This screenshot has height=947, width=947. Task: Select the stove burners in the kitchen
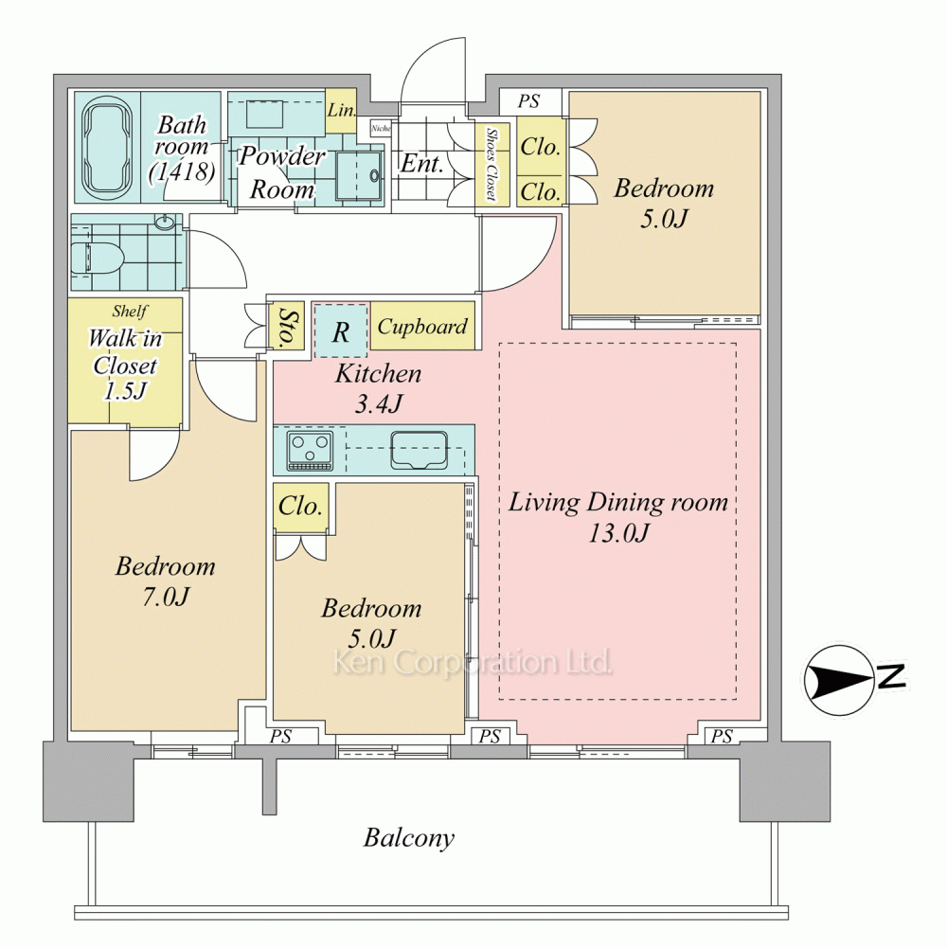pyautogui.click(x=310, y=450)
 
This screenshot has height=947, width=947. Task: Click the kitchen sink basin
pyautogui.click(x=420, y=450)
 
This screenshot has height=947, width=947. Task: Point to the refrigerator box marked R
pyautogui.click(x=341, y=331)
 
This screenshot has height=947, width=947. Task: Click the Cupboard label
pyautogui.click(x=422, y=327)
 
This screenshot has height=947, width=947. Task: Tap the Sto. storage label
pyautogui.click(x=291, y=327)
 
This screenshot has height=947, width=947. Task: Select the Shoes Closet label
pyautogui.click(x=491, y=164)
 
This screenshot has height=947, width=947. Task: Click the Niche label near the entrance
pyautogui.click(x=381, y=128)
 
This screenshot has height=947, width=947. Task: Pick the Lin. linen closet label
pyautogui.click(x=341, y=111)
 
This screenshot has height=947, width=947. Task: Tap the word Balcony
pyautogui.click(x=409, y=838)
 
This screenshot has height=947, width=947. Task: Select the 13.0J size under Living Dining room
pyautogui.click(x=618, y=532)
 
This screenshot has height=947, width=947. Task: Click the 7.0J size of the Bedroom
pyautogui.click(x=166, y=597)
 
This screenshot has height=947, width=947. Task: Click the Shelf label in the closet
pyautogui.click(x=129, y=311)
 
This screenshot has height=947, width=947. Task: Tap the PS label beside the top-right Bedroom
pyautogui.click(x=528, y=101)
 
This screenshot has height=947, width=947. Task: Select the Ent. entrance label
pyautogui.click(x=422, y=163)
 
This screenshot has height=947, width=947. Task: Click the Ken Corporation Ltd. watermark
pyautogui.click(x=473, y=662)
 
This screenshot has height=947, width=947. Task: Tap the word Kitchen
pyautogui.click(x=378, y=374)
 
